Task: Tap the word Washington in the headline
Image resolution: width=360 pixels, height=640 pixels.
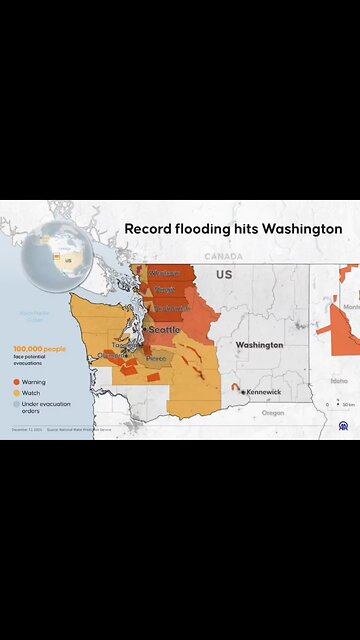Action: point(306,229)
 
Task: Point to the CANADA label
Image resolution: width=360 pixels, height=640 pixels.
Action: point(223,256)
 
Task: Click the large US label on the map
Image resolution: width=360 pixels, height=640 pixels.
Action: point(223,273)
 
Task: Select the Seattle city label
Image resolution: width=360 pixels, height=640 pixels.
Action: point(166,329)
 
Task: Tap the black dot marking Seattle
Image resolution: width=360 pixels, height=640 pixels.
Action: point(145,329)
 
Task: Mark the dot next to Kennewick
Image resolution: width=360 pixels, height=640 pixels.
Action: point(243,392)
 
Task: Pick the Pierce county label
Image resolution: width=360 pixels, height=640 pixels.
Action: point(156,358)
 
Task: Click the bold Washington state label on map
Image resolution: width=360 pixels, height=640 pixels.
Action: point(259,345)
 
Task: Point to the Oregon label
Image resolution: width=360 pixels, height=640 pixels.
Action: point(273,412)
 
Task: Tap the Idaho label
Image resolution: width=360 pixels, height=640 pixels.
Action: point(339,380)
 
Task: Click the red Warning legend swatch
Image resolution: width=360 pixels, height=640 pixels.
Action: point(16,382)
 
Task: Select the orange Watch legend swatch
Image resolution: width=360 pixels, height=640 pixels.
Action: point(16,392)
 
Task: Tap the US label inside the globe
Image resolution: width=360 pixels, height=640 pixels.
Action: point(69,258)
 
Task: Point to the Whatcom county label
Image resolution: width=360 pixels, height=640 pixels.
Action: point(164,273)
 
